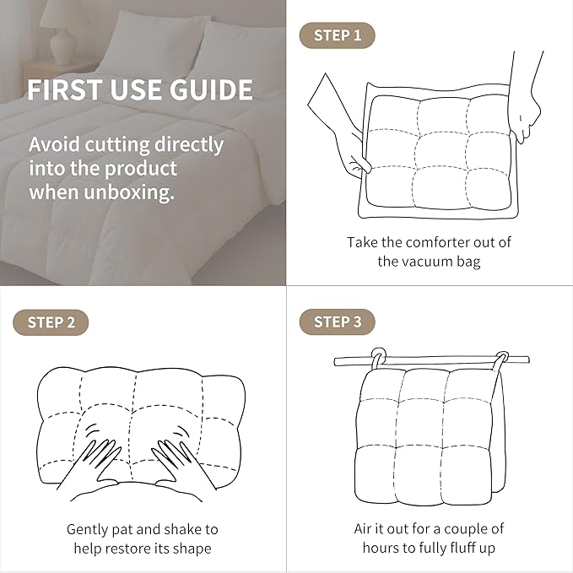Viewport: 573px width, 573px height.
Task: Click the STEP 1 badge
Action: pyautogui.click(x=337, y=35)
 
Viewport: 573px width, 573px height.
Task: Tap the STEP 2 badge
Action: pyautogui.click(x=51, y=322)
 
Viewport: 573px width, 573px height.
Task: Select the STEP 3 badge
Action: pyautogui.click(x=337, y=322)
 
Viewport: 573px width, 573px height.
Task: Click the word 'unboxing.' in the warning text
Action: pyautogui.click(x=129, y=192)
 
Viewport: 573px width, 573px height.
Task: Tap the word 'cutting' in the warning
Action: pyautogui.click(x=116, y=145)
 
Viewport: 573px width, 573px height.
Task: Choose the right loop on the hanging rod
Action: pyautogui.click(x=501, y=360)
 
